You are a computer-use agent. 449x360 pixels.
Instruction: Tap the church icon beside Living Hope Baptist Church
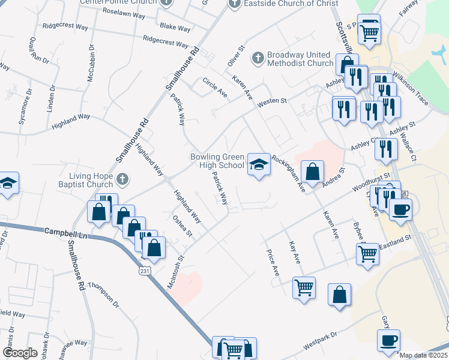(x=122, y=178)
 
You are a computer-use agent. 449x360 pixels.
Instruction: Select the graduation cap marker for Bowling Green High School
(x=258, y=164)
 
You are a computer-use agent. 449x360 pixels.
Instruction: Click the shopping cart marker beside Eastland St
(x=368, y=253)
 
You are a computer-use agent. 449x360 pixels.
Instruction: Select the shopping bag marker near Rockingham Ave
(x=312, y=172)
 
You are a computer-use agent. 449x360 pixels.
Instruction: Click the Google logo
(x=20, y=352)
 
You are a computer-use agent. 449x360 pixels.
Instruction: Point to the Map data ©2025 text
(x=423, y=355)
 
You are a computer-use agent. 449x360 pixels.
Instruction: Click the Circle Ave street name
(x=215, y=87)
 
